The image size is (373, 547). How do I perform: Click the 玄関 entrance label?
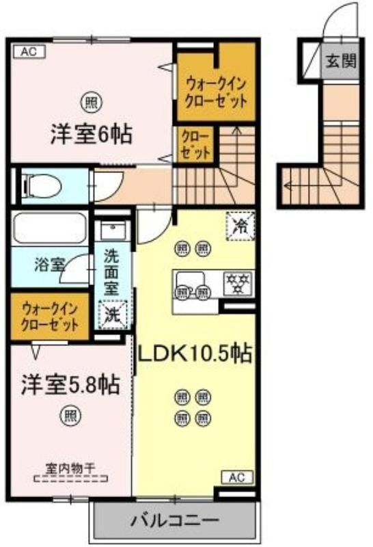click(341, 62)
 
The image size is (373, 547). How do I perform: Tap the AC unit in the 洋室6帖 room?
click(29, 52)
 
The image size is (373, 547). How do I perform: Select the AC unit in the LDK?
click(237, 477)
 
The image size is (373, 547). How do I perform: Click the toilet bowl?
click(41, 186)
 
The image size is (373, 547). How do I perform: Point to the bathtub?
click(49, 228)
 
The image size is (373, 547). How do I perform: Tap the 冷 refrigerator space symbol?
click(240, 226)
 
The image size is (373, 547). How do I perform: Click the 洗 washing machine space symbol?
click(113, 315)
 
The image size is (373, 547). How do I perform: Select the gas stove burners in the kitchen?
click(238, 283)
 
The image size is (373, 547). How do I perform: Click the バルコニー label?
click(175, 521)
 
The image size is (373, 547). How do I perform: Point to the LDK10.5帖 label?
click(195, 353)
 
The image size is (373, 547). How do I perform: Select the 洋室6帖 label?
click(92, 133)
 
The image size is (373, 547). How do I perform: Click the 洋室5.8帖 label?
click(71, 384)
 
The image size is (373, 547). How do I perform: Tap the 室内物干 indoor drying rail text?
click(70, 468)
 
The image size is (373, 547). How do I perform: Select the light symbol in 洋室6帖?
click(92, 103)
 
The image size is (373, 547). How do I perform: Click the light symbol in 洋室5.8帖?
click(71, 416)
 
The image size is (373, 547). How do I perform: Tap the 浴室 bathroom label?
click(49, 265)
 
